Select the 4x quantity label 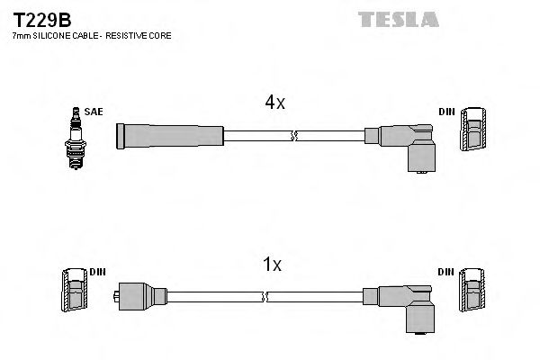(x=274, y=103)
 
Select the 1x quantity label (x=272, y=265)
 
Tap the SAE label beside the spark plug (x=95, y=112)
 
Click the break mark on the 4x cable (x=293, y=137)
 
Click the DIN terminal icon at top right (x=474, y=131)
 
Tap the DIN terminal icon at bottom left (x=74, y=291)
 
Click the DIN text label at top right (x=446, y=112)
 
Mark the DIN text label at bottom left (x=96, y=271)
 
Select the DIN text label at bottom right (x=446, y=271)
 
